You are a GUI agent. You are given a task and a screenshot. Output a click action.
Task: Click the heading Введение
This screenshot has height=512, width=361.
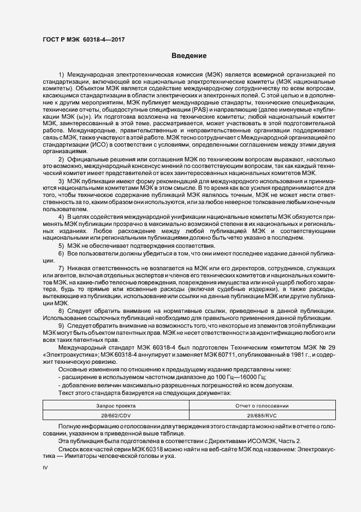pyautogui.click(x=188, y=56)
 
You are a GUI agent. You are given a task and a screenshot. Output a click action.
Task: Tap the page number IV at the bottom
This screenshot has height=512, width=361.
pyautogui.click(x=45, y=468)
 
